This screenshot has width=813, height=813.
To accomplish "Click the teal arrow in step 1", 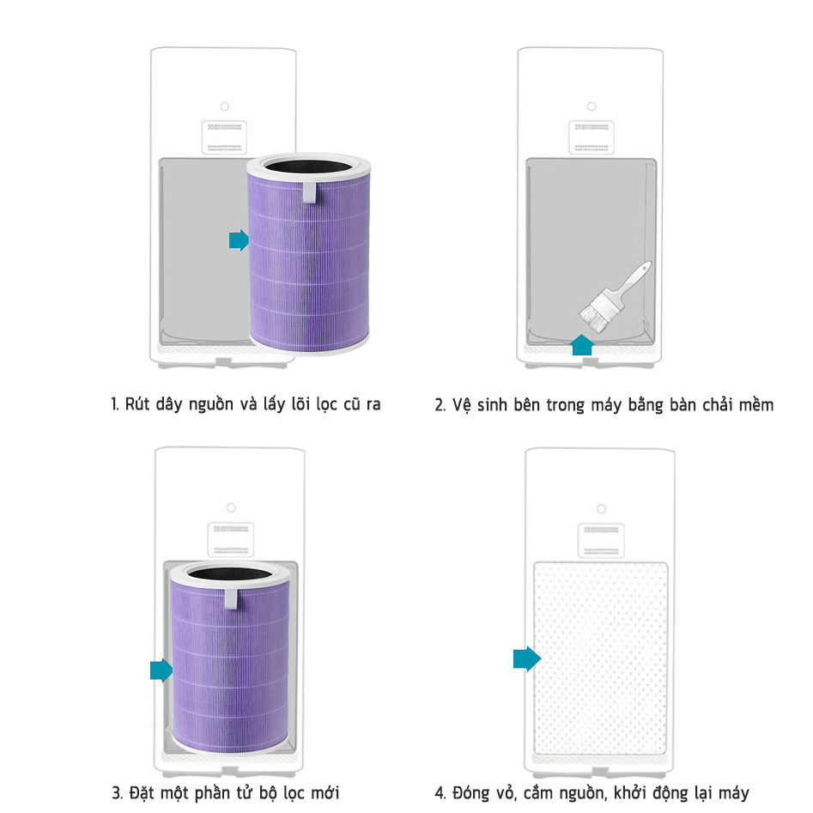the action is pyautogui.click(x=239, y=240).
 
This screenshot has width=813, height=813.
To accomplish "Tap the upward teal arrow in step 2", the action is pyautogui.click(x=582, y=345).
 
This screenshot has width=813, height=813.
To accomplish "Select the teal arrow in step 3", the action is pyautogui.click(x=161, y=670).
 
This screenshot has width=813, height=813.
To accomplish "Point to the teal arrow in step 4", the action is pyautogui.click(x=527, y=658).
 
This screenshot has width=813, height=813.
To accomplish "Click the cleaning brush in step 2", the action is pyautogui.click(x=615, y=296).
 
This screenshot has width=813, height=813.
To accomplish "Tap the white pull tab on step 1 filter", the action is pyautogui.click(x=310, y=192).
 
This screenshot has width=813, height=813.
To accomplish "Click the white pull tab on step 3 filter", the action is pyautogui.click(x=231, y=598).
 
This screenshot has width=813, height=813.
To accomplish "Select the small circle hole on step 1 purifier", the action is pyautogui.click(x=225, y=106).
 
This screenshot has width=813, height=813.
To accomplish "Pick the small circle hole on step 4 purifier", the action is pyautogui.click(x=602, y=508).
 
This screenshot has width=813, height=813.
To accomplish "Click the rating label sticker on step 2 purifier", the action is pyautogui.click(x=592, y=137).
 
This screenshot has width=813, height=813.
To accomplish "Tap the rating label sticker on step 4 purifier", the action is pyautogui.click(x=601, y=540).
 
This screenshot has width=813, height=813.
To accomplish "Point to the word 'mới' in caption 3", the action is pyautogui.click(x=325, y=792).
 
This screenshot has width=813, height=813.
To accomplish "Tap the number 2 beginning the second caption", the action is pyautogui.click(x=440, y=405).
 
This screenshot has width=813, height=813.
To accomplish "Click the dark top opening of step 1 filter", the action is pyautogui.click(x=308, y=167).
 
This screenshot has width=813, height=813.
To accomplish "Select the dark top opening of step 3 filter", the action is pyautogui.click(x=230, y=573).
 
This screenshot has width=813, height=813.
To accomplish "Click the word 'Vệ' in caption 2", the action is pyautogui.click(x=460, y=405).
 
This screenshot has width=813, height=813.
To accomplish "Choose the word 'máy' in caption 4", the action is pyautogui.click(x=734, y=793).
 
